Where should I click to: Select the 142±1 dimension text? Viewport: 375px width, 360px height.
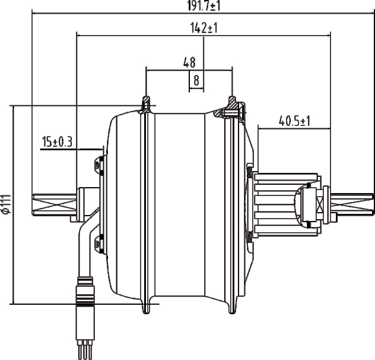click(203, 28)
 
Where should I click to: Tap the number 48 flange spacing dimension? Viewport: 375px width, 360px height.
click(189, 61)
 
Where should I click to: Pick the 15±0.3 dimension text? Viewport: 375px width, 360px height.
click(57, 141)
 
